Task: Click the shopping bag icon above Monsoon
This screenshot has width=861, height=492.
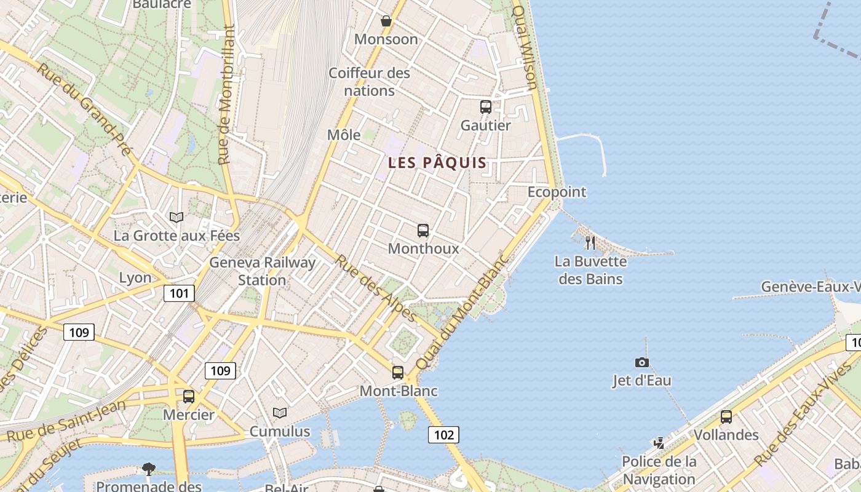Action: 386,21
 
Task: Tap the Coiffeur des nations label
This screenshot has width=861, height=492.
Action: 369,82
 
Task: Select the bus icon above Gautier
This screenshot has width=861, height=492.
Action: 486,107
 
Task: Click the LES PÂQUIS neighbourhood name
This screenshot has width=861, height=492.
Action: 437,163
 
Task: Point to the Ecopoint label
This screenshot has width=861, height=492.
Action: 557,192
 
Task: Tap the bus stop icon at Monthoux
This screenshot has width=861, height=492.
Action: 423,231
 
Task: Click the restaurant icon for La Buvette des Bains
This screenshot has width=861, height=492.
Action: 590,242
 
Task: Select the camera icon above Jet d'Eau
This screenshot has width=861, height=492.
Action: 642,362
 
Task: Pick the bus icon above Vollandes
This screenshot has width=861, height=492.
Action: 726,416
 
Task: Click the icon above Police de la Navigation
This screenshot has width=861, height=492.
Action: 659,443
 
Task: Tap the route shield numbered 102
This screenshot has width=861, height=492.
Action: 443,435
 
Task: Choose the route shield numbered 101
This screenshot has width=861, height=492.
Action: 179,293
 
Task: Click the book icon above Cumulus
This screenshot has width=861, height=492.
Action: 280,413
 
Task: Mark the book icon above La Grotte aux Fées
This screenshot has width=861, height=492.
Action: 177,217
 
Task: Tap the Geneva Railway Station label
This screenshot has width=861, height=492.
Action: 263,271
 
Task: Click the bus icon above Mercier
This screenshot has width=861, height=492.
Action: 189,397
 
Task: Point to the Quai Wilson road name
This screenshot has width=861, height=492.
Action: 525,48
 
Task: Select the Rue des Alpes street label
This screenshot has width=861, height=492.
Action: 376,287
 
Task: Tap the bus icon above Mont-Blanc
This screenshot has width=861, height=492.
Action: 398,372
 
